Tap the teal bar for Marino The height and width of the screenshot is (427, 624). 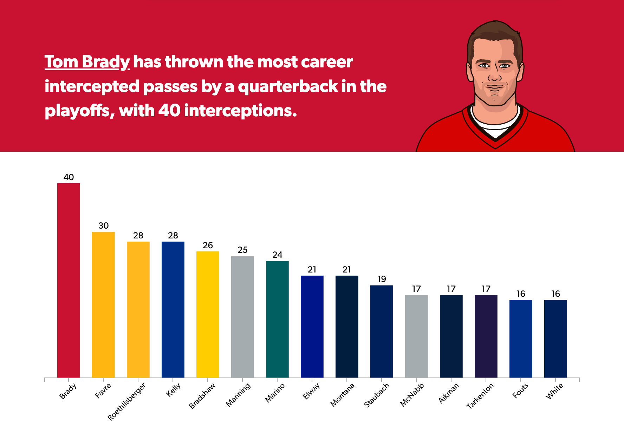click(x=277, y=319)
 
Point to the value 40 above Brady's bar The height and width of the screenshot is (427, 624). click(x=69, y=177)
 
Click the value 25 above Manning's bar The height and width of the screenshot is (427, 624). click(x=242, y=250)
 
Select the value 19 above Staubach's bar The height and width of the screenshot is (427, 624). click(x=382, y=279)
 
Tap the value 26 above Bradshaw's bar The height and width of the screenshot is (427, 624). click(x=208, y=245)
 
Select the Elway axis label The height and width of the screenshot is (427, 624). click(x=311, y=391)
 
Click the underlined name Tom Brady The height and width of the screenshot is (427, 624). click(x=87, y=62)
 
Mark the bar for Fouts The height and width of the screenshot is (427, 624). click(x=521, y=339)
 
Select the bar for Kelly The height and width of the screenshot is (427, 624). click(x=173, y=309)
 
